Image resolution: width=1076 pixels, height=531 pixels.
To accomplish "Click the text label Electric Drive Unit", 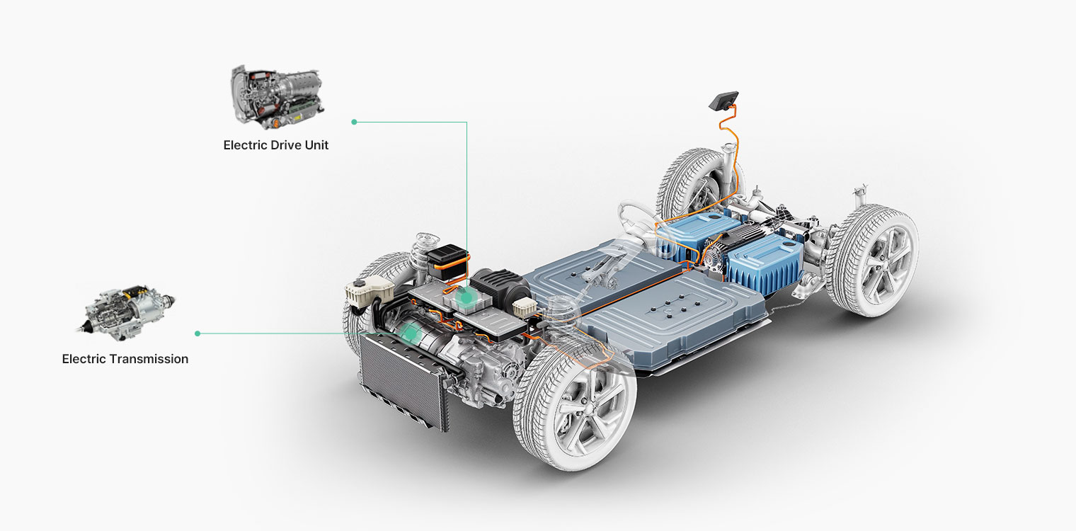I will (276, 145).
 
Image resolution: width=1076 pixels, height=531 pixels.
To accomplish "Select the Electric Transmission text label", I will (125, 359).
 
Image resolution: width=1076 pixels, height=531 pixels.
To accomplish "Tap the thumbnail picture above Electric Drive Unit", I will (277, 98).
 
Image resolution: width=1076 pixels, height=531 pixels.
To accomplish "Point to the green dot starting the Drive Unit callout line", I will (354, 122).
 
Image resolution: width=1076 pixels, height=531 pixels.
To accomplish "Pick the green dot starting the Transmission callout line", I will (198, 333).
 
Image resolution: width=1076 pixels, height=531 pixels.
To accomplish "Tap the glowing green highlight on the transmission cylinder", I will (409, 332).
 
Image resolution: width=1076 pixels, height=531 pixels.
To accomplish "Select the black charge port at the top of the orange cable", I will (723, 101).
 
